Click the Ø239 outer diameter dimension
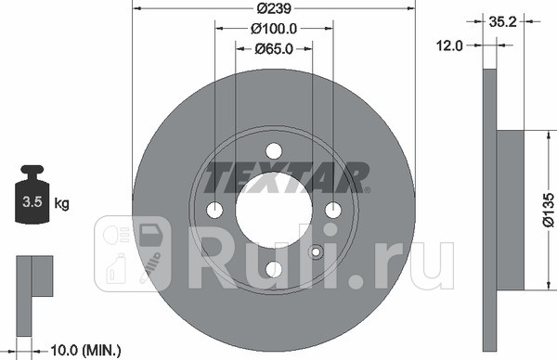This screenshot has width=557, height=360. pyautogui.click(x=274, y=8)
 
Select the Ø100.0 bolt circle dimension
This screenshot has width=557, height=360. pyautogui.click(x=274, y=29)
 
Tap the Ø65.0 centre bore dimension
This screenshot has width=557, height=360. pyautogui.click(x=274, y=48)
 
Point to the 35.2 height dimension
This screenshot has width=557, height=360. pyautogui.click(x=502, y=21)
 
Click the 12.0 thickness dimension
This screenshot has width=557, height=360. pyautogui.click(x=449, y=45)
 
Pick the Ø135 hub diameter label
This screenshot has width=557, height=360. pyautogui.click(x=548, y=210)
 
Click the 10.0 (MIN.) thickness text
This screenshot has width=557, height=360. pyautogui.click(x=86, y=351)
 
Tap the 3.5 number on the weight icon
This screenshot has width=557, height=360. pyautogui.click(x=32, y=201)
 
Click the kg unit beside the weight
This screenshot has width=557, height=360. pyautogui.click(x=62, y=204)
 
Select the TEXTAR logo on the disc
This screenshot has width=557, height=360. pyautogui.click(x=286, y=177)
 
